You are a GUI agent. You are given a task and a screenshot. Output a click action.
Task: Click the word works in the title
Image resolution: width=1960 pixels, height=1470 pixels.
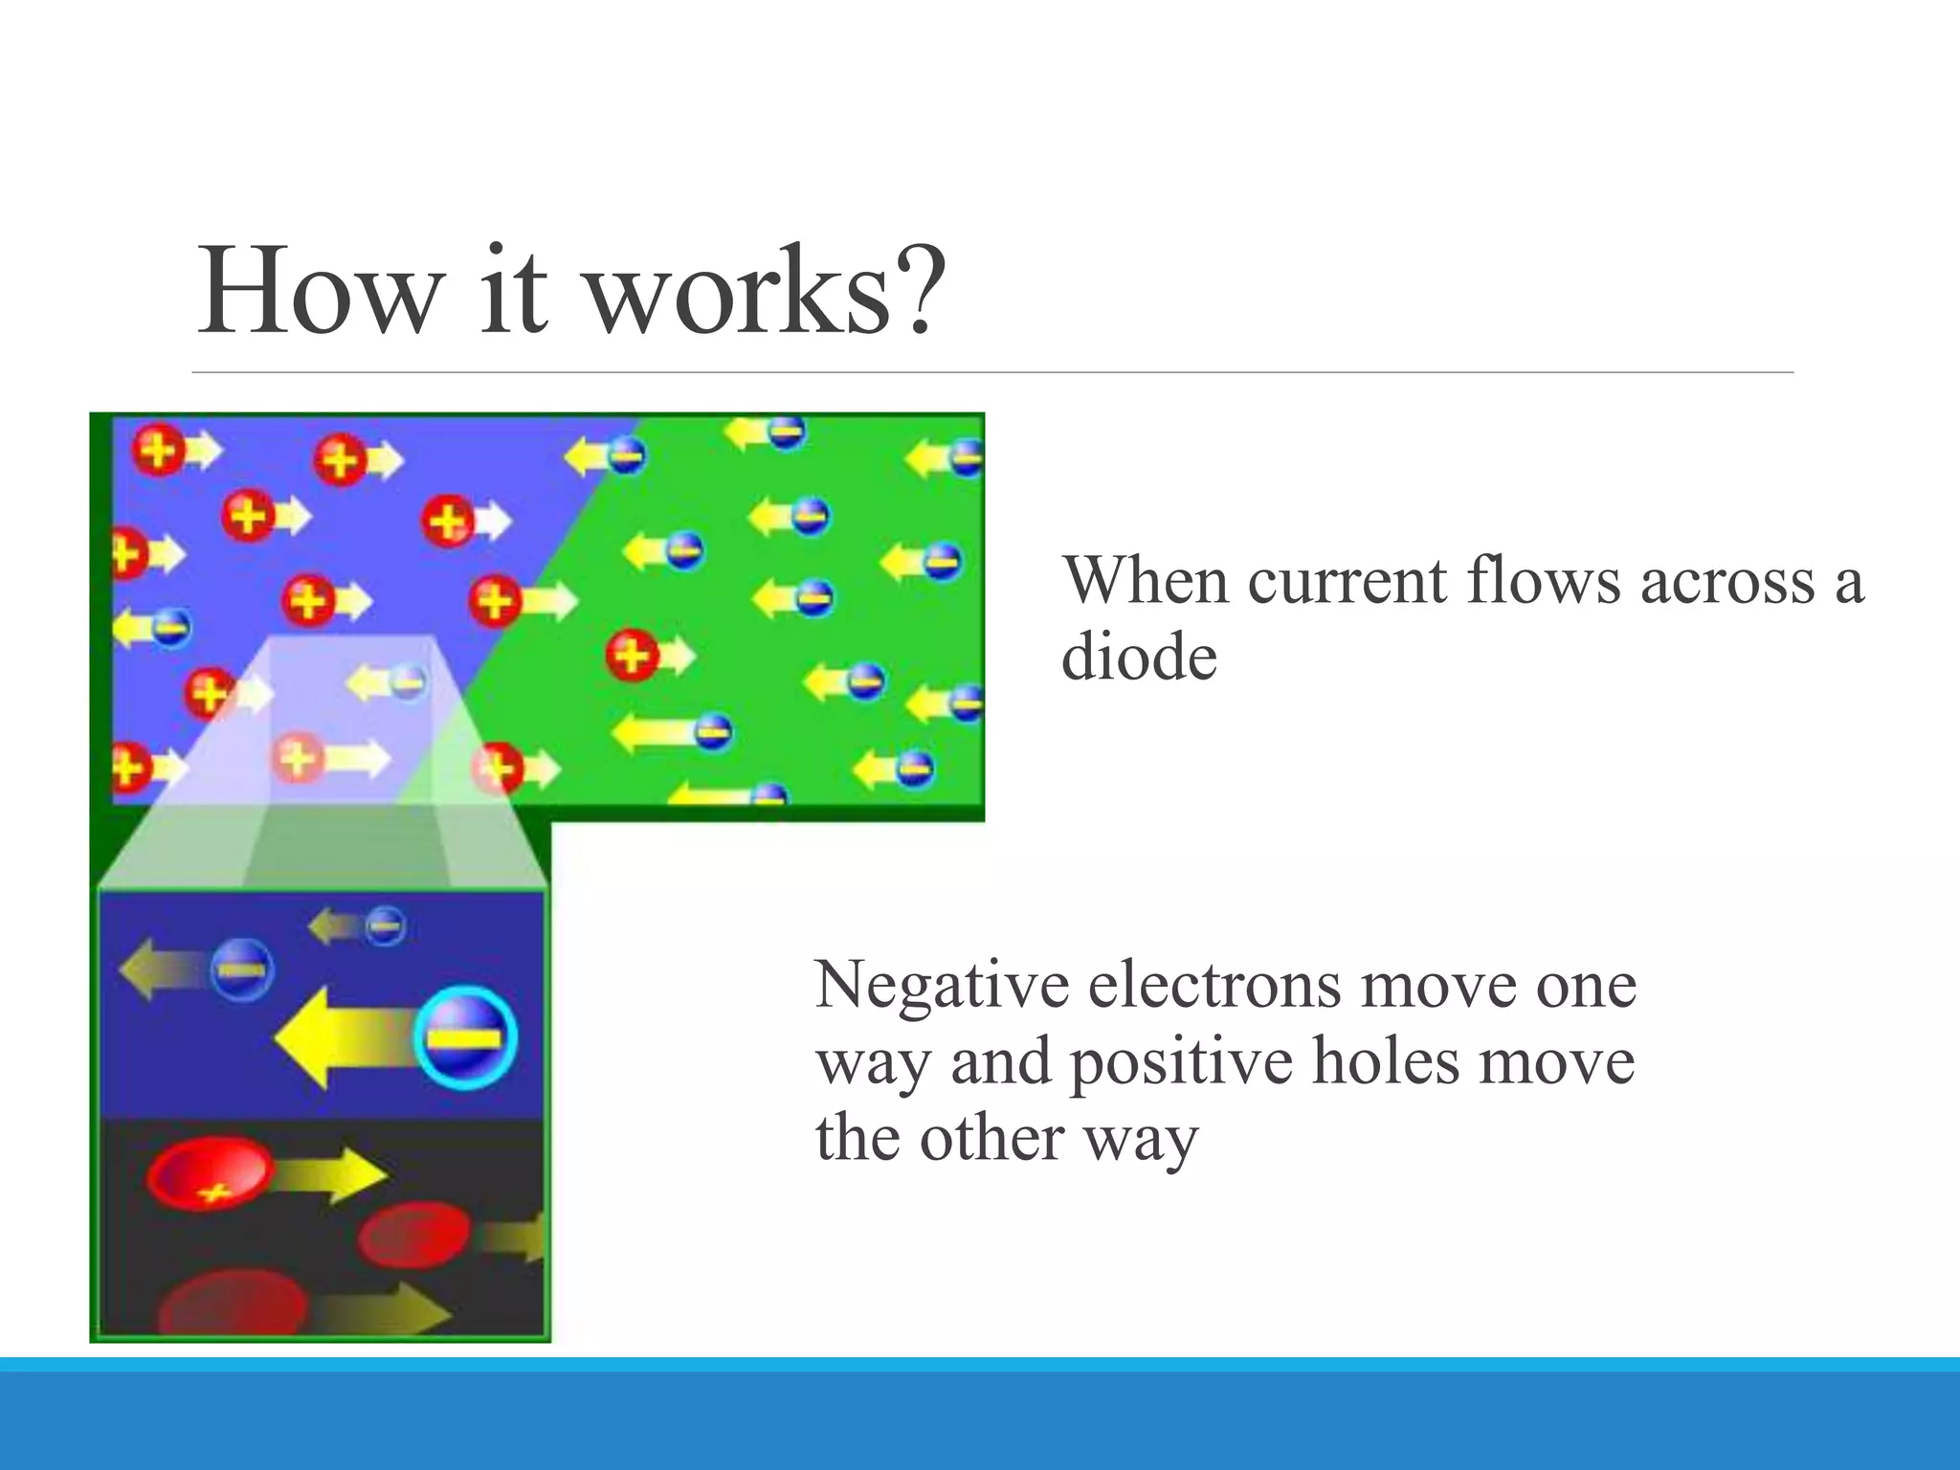pyautogui.click(x=737, y=292)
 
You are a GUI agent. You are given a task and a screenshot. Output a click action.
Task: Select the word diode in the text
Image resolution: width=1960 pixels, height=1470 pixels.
pyautogui.click(x=1139, y=658)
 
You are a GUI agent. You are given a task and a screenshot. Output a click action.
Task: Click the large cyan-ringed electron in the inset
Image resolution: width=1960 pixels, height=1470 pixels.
pyautogui.click(x=466, y=1038)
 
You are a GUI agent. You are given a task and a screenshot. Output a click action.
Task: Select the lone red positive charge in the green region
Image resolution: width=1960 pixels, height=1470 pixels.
pyautogui.click(x=632, y=656)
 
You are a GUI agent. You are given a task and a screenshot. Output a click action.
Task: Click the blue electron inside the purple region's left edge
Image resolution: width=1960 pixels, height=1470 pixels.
pyautogui.click(x=172, y=628)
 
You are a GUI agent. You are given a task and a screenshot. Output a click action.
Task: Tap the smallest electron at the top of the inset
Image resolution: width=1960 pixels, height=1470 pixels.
pyautogui.click(x=386, y=925)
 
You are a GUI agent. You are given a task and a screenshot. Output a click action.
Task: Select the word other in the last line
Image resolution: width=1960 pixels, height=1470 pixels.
pyautogui.click(x=991, y=1139)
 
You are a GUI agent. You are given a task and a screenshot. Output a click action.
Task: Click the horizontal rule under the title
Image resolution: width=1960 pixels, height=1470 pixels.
pyautogui.click(x=992, y=372)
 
